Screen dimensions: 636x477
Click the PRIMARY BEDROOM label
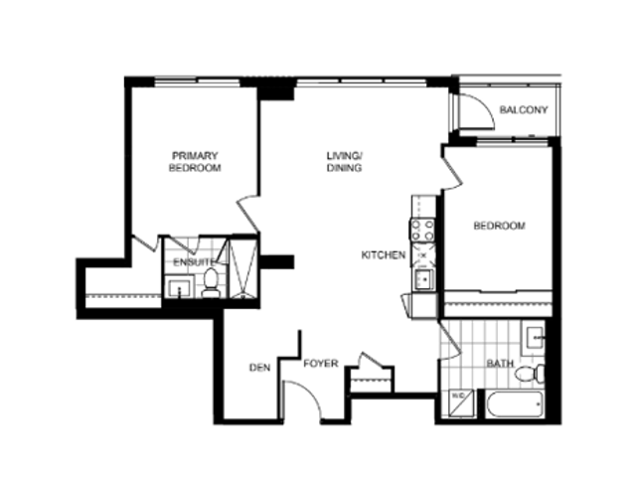click(195, 162)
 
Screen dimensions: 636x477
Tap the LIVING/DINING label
click(345, 162)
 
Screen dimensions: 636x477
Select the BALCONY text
click(524, 110)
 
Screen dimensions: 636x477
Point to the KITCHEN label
click(384, 255)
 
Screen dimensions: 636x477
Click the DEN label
click(260, 368)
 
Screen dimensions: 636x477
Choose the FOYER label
click(321, 364)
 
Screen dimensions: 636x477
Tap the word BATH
click(500, 364)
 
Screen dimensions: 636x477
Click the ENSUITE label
click(194, 262)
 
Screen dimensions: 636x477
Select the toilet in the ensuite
click(211, 282)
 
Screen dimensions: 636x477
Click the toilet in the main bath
click(530, 374)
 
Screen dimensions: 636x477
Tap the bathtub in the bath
click(515, 404)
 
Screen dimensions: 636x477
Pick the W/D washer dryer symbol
click(461, 402)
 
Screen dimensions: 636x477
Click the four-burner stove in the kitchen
click(422, 231)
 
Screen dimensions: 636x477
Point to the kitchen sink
click(423, 279)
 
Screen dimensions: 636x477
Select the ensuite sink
click(179, 287)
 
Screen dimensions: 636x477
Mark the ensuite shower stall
click(242, 269)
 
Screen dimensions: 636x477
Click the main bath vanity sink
click(535, 338)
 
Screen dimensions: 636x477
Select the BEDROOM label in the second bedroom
click(499, 226)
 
